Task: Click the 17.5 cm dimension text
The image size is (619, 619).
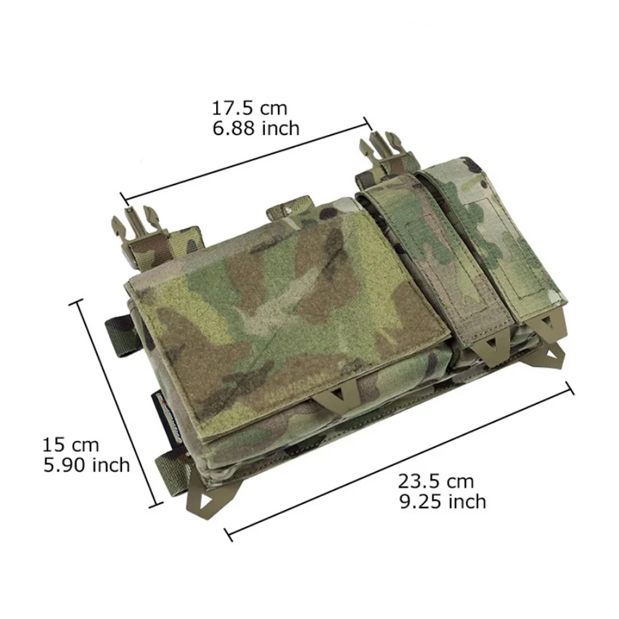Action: click(249, 108)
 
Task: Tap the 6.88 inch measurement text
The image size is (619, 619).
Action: click(256, 128)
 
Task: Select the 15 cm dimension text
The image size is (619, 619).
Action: click(71, 445)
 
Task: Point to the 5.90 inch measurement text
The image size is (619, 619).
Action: click(87, 465)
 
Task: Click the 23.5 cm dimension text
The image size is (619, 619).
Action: click(435, 481)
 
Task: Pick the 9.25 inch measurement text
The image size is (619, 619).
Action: click(443, 502)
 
